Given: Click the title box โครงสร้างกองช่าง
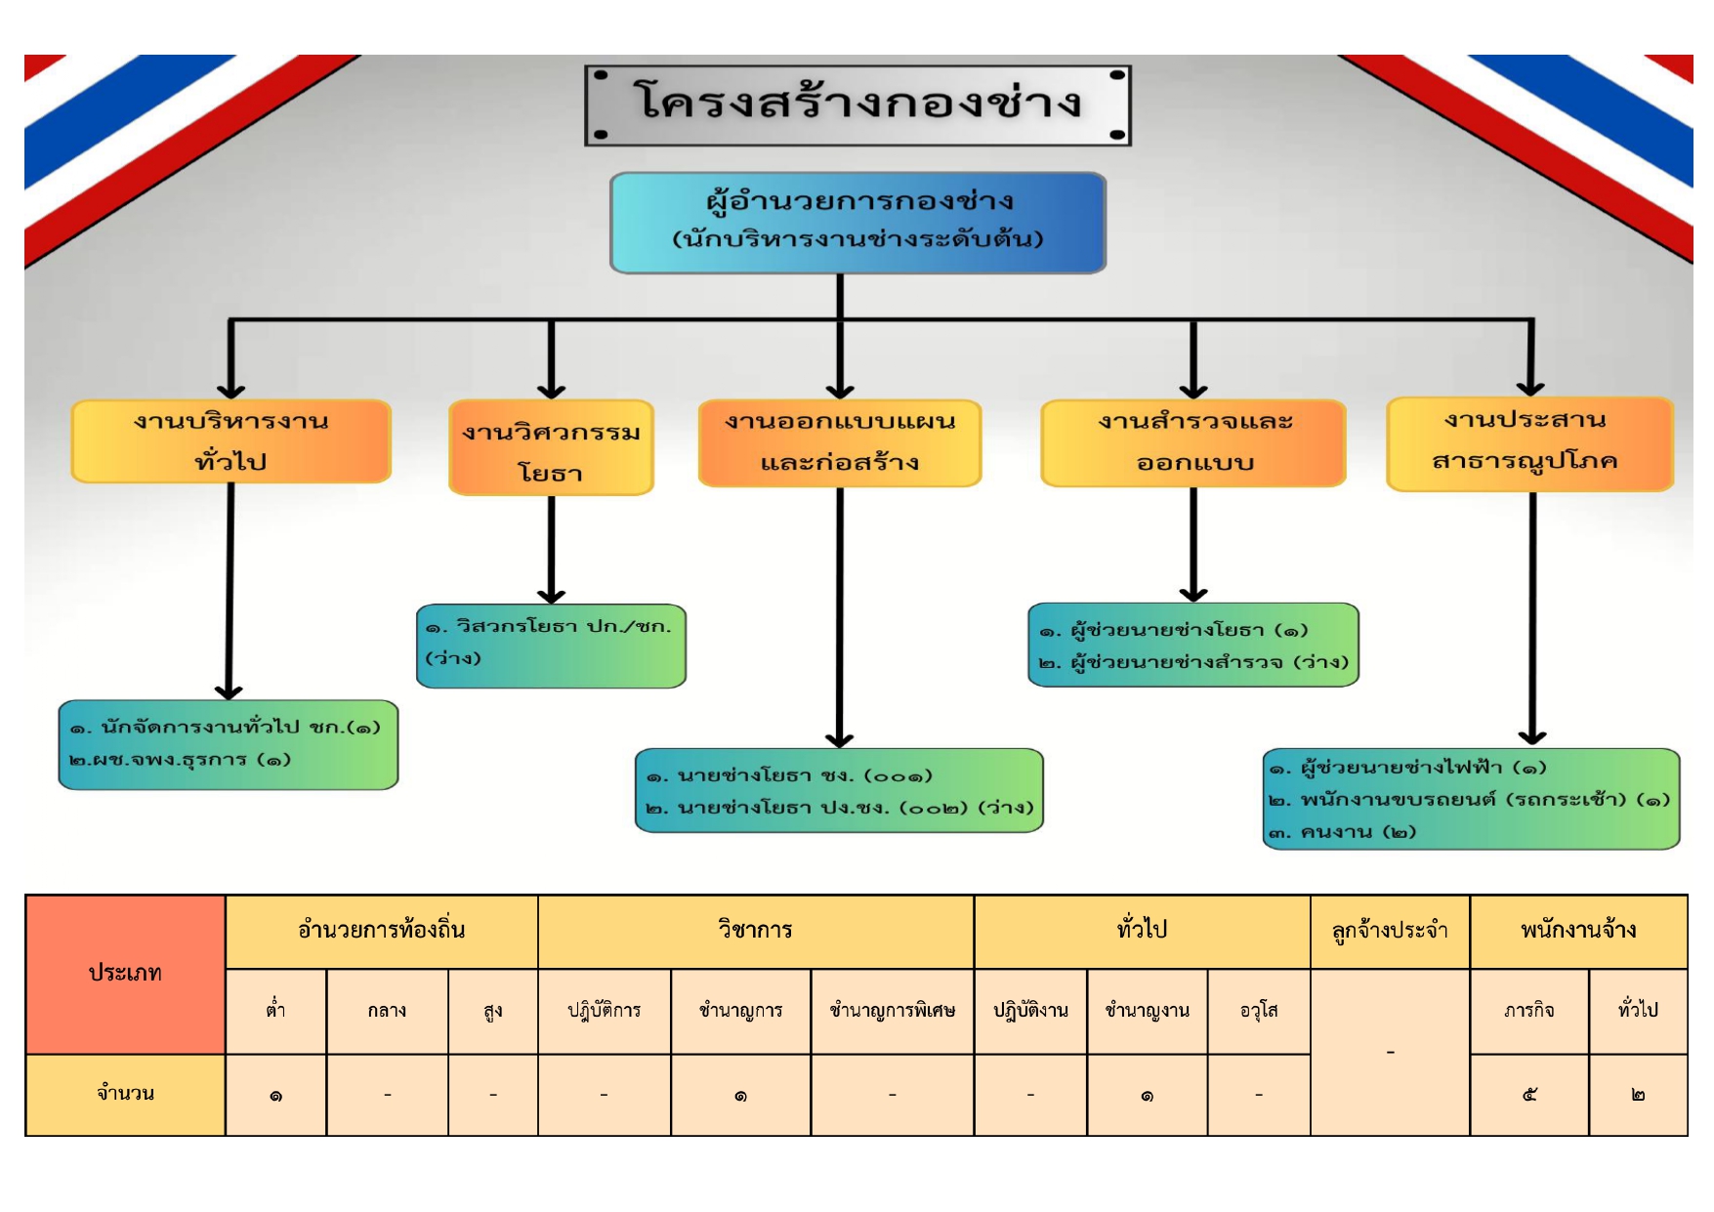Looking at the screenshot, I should pos(857,104).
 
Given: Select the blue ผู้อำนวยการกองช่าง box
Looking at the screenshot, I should pos(857,223).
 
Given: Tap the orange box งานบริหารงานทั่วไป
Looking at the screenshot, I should pos(231,441).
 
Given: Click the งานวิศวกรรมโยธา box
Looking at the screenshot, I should pos(551,448).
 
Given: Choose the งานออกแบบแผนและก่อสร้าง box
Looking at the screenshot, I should pos(840,442).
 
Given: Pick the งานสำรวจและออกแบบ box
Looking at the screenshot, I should pos(1193,442).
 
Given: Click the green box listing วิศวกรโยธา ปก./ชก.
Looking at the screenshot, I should pos(551,646).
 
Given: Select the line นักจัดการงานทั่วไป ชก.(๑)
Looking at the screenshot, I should pos(226,728).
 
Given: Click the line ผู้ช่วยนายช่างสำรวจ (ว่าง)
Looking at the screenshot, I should pos(1193,662).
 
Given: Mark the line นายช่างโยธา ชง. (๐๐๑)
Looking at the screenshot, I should pos(789,776).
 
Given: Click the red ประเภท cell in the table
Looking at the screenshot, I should pos(125,974).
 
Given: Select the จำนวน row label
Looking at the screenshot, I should pos(125,1094).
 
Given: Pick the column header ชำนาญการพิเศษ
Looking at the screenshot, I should pos(892,1011).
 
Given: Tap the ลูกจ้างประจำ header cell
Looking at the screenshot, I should pos(1389,931).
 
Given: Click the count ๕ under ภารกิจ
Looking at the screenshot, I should pos(1528,1095).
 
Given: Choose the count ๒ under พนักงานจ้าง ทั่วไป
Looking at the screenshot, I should pos(1638,1095).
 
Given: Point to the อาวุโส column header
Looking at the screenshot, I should pos(1258,1011).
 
